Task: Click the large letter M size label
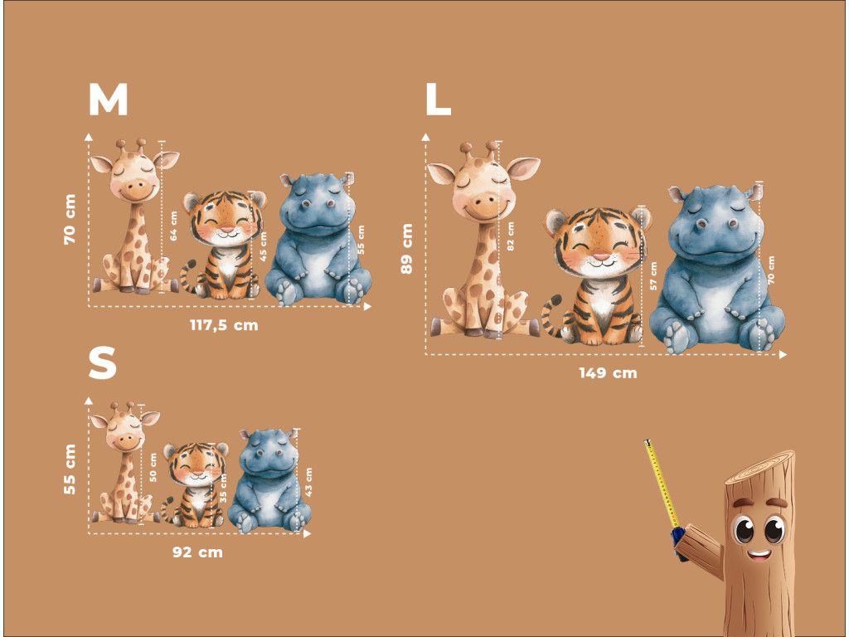(x=109, y=100)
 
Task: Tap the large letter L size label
(x=438, y=100)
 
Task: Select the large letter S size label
(x=102, y=363)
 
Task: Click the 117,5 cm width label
(x=224, y=325)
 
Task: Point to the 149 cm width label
(x=608, y=372)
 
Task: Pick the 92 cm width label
(x=197, y=552)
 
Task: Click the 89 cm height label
(x=406, y=248)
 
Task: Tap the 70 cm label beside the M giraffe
(x=70, y=219)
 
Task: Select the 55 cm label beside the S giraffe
(x=70, y=469)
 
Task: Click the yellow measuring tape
(x=662, y=484)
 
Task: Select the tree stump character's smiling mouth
(x=759, y=554)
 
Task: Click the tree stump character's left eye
(x=744, y=529)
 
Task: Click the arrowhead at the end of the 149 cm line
(x=783, y=355)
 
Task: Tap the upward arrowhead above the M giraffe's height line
(x=89, y=137)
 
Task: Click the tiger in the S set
(x=195, y=484)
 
